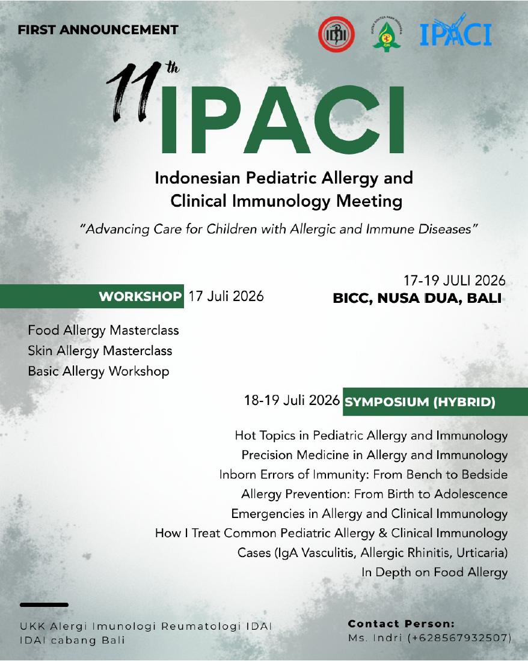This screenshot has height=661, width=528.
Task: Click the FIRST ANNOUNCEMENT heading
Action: pyautogui.click(x=98, y=30)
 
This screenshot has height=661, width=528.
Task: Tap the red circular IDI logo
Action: pyautogui.click(x=336, y=34)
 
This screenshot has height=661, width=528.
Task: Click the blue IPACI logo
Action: pyautogui.click(x=456, y=31)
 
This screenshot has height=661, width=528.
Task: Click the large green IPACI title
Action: pyautogui.click(x=282, y=120)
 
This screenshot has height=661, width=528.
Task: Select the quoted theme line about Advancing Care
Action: pyautogui.click(x=279, y=229)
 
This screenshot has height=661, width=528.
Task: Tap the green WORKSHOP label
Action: pyautogui.click(x=140, y=296)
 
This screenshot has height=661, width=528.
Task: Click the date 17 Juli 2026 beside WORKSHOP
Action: pyautogui.click(x=226, y=296)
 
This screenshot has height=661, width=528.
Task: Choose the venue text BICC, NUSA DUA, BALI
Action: pyautogui.click(x=417, y=299)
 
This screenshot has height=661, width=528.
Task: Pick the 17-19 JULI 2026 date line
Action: pyautogui.click(x=454, y=281)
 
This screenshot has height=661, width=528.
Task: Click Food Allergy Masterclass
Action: pyautogui.click(x=103, y=330)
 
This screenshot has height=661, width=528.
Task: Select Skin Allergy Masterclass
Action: pyautogui.click(x=100, y=351)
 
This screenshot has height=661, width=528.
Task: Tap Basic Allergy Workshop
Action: pyautogui.click(x=99, y=371)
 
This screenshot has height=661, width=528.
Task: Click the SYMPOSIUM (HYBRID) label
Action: pyautogui.click(x=420, y=402)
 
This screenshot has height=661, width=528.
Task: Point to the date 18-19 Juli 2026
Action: pyautogui.click(x=292, y=400)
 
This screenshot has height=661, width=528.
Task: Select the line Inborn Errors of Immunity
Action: pyautogui.click(x=363, y=475)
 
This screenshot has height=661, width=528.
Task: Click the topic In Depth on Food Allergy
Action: pyautogui.click(x=434, y=573)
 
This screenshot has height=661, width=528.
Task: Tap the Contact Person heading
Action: pyautogui.click(x=401, y=624)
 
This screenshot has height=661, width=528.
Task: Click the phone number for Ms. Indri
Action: pyautogui.click(x=459, y=638)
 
